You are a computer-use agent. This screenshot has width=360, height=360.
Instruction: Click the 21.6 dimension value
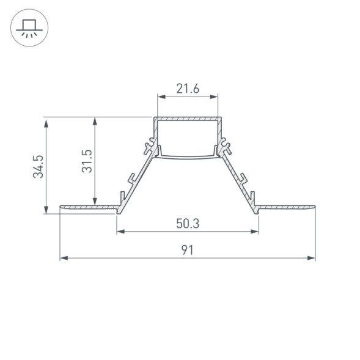tap(188, 89)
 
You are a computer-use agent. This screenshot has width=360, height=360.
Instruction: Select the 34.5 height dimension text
tap(39, 166)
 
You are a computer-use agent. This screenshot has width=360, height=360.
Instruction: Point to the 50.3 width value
tap(188, 224)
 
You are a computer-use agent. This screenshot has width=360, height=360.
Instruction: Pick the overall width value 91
tap(188, 250)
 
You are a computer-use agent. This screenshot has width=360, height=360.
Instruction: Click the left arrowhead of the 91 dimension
tap(63, 258)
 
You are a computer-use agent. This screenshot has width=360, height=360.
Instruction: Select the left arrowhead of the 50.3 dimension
tap(120, 231)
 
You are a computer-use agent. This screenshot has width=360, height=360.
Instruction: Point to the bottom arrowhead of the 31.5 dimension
tap(94, 202)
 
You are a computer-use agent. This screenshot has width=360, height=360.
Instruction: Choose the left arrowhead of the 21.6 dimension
tap(161, 97)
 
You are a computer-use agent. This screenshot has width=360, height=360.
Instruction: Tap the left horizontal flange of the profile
tap(89, 208)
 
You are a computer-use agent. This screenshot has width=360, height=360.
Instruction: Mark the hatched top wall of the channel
tap(188, 119)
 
